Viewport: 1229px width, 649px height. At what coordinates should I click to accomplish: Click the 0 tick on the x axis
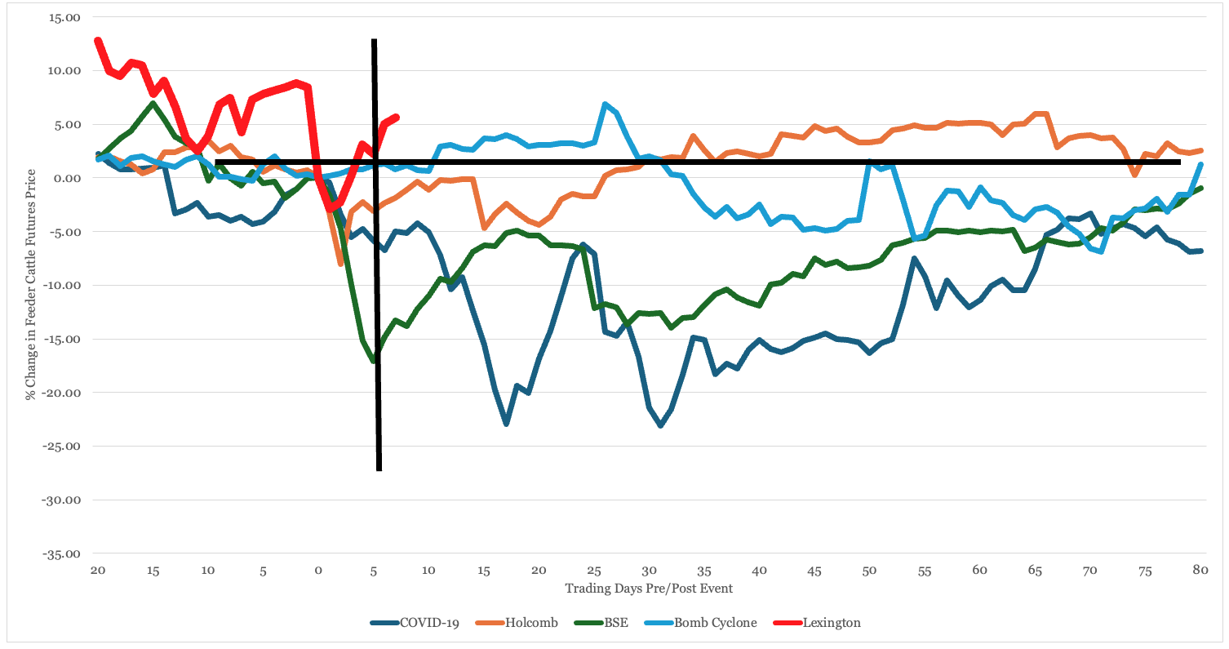click(318, 569)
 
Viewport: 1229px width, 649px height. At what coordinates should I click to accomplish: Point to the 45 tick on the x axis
click(814, 569)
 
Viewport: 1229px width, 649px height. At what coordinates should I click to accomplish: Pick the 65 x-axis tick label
click(1034, 569)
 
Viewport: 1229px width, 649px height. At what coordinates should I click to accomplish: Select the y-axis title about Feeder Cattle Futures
click(30, 284)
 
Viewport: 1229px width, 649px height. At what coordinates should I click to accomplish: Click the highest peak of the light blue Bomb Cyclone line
click(605, 104)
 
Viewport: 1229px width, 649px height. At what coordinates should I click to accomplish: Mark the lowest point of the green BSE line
click(374, 360)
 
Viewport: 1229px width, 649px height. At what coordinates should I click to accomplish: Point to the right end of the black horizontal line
click(1180, 162)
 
